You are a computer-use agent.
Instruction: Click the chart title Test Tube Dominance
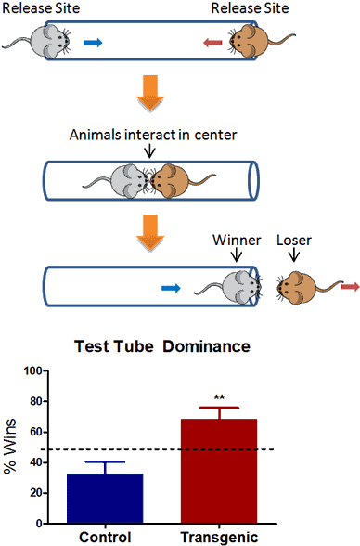161,346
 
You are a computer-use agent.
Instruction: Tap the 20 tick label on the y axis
35,493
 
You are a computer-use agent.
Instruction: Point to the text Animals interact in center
152,136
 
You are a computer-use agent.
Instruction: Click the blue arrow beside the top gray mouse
94,42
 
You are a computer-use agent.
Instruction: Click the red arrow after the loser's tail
349,288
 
